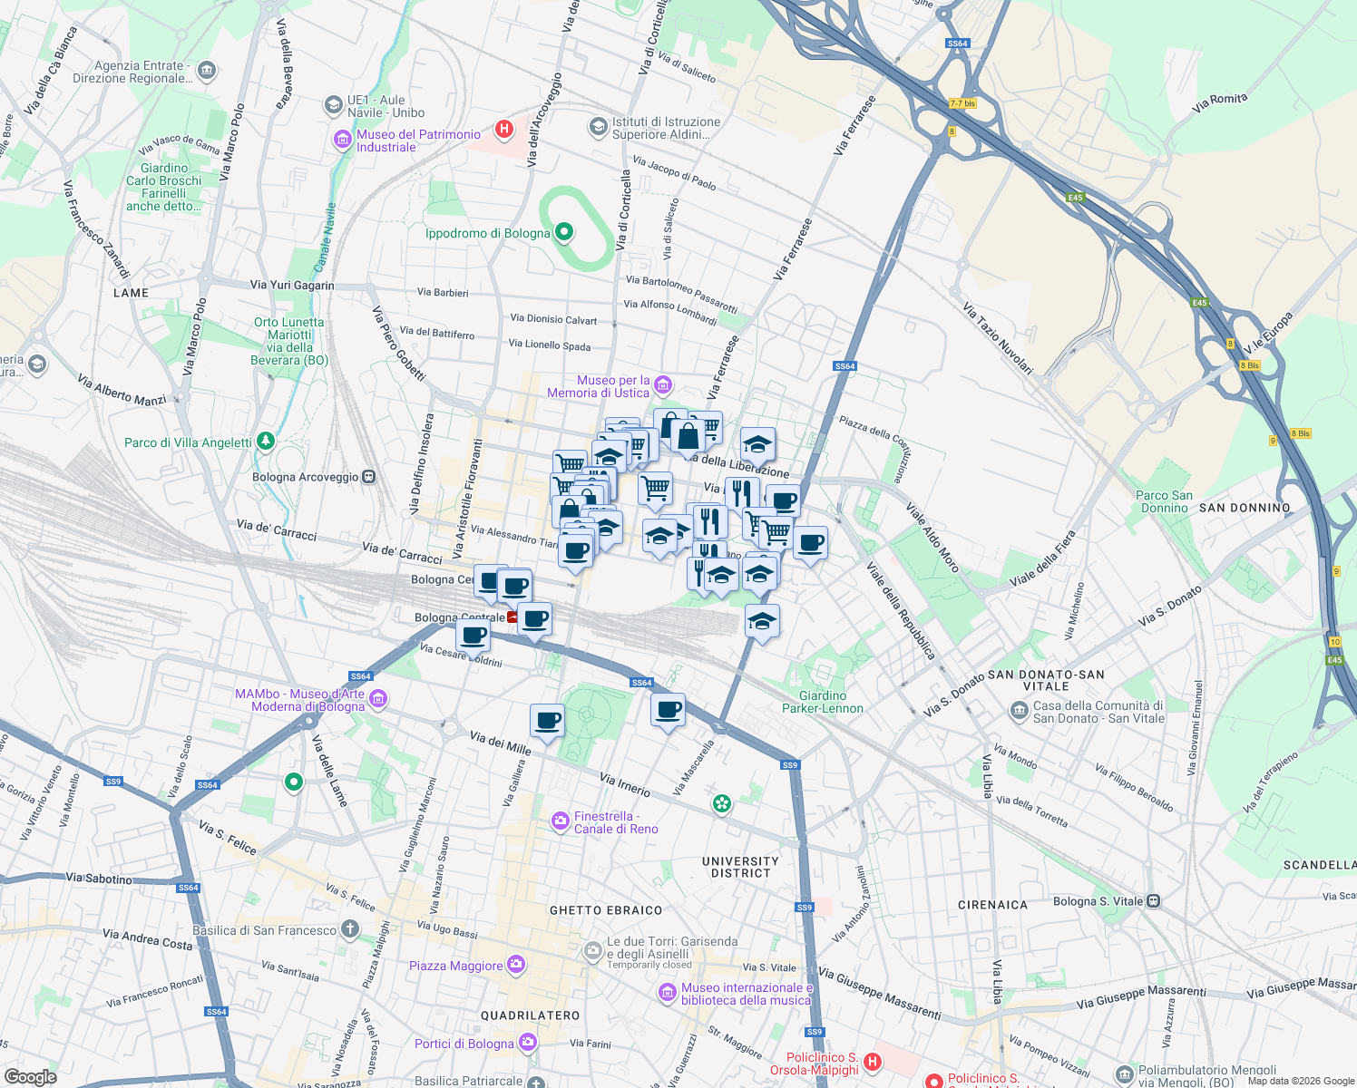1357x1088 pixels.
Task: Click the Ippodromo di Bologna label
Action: coord(488,234)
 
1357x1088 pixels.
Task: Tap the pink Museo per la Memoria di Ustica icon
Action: coord(663,386)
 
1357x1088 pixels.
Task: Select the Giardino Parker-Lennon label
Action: coord(823,703)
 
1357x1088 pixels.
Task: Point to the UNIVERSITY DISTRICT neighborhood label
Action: coord(740,868)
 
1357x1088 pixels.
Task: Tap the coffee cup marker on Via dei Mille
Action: coord(547,721)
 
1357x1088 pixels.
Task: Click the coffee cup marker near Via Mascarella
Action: coord(668,709)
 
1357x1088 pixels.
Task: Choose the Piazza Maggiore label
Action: coord(455,966)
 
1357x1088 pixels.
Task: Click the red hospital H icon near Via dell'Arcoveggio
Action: coord(504,129)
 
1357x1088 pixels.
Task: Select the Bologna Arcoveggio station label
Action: coord(306,477)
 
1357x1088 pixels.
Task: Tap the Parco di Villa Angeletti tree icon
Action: coord(265,442)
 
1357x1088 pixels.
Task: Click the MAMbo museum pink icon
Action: coord(379,699)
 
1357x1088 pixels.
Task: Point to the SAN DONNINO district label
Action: coord(1245,508)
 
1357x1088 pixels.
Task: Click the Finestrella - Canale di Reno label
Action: coord(616,822)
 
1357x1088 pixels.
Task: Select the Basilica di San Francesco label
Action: coord(264,930)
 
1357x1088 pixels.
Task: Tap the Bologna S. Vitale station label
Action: coord(1098,901)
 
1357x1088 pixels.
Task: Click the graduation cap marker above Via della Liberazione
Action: coord(757,445)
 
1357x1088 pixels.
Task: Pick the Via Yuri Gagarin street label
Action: coord(292,285)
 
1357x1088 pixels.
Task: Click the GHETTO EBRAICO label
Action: coord(606,910)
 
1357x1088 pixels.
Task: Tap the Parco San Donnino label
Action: coord(1164,501)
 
